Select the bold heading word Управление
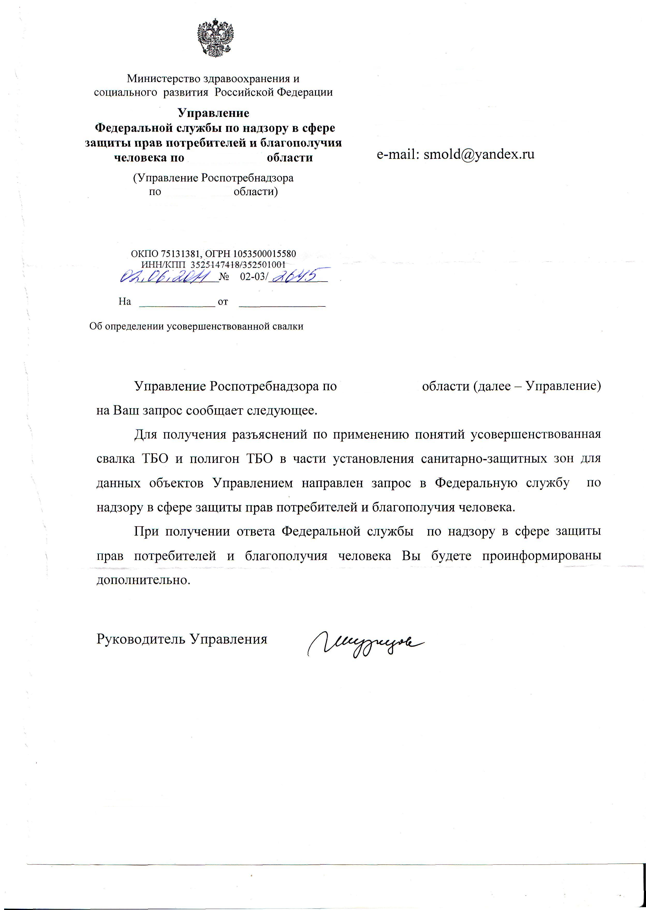pyautogui.click(x=213, y=113)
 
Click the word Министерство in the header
pyautogui.click(x=164, y=79)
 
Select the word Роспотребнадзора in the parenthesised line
pyautogui.click(x=247, y=178)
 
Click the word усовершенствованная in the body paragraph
pyautogui.click(x=535, y=434)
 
